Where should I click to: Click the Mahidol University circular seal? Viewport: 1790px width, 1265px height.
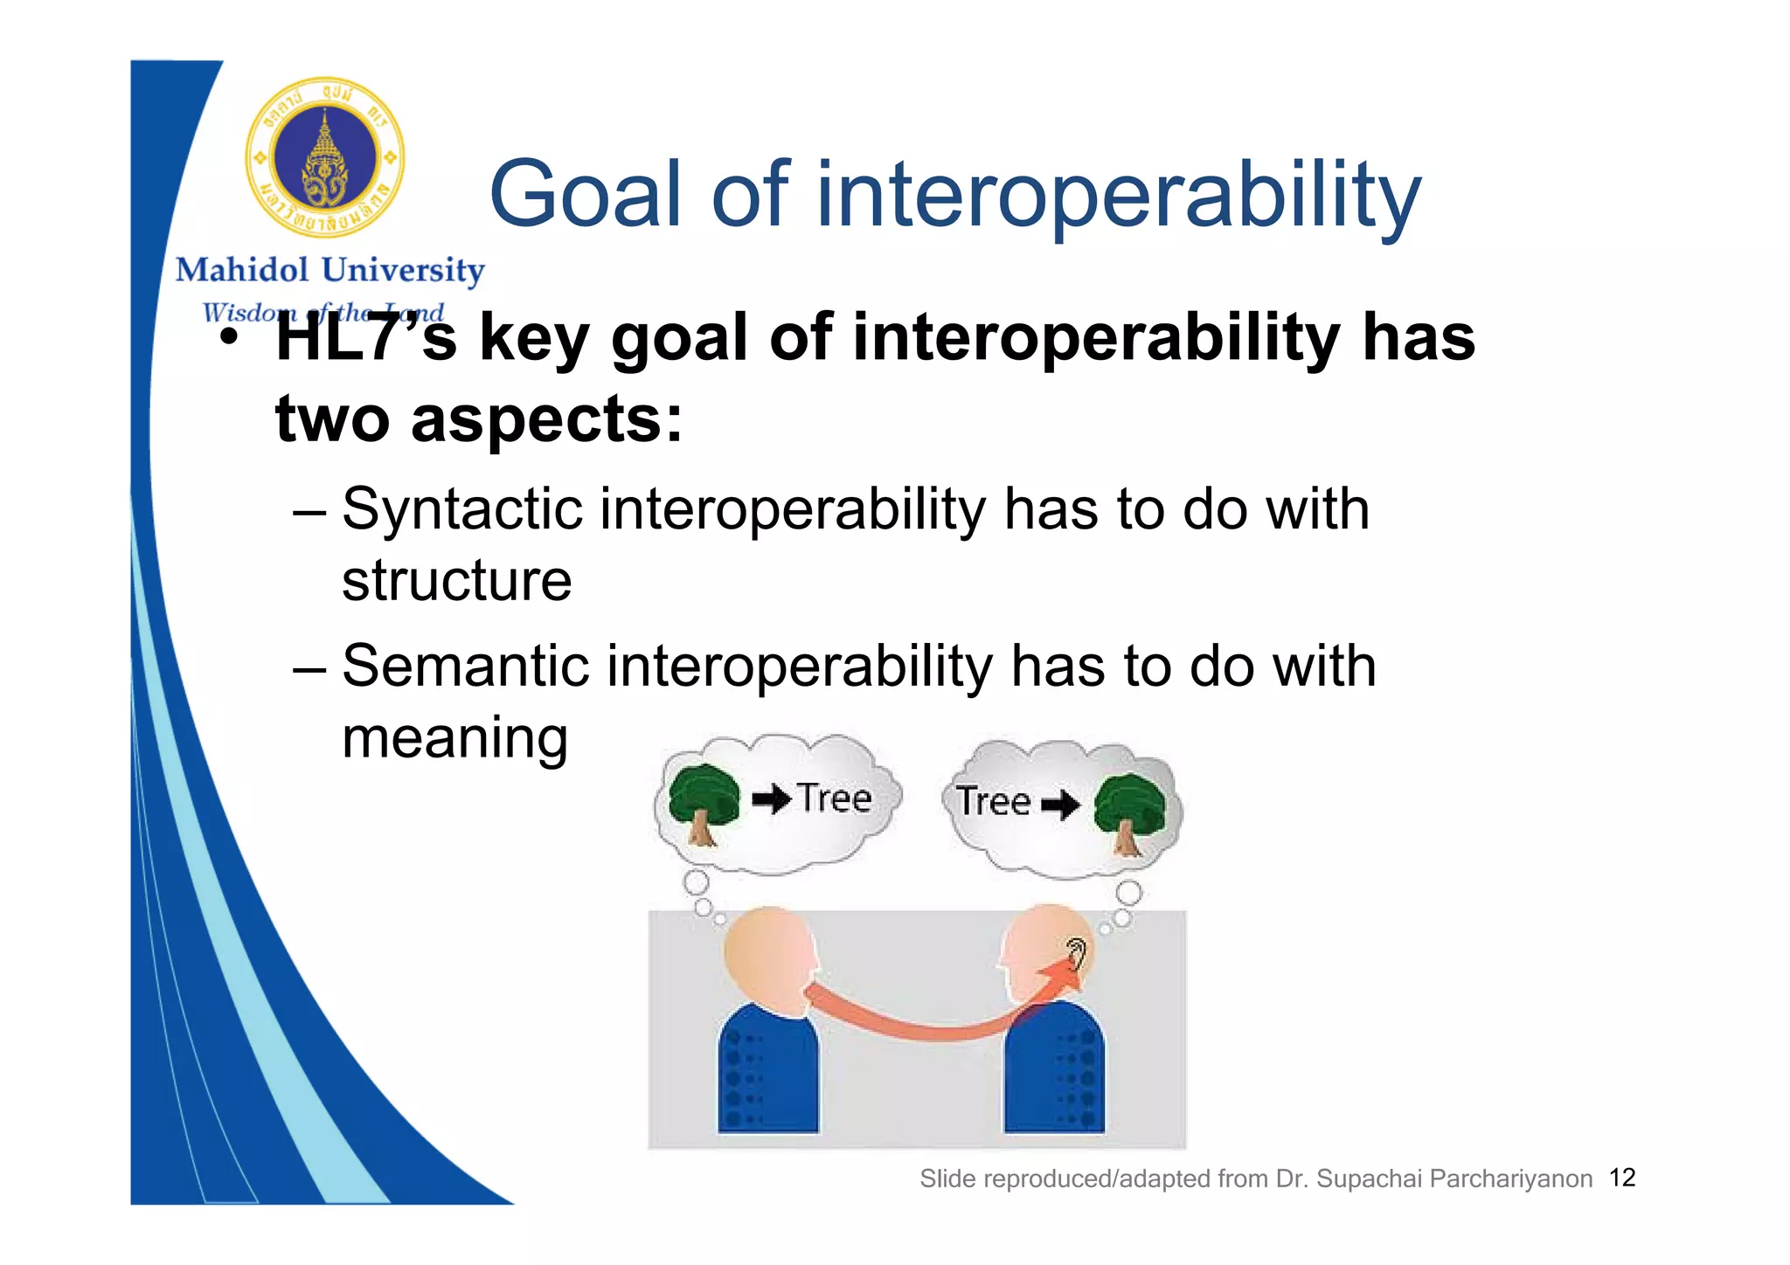tap(324, 157)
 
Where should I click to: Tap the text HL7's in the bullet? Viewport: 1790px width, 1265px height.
tap(365, 339)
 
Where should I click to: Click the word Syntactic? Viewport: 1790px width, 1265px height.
tap(461, 509)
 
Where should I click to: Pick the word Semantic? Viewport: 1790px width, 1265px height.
tap(465, 667)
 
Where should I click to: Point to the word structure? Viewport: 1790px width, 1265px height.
tap(456, 581)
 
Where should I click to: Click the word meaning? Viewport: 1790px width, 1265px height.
tap(454, 738)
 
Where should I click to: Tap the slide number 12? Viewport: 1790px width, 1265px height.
tap(1622, 1178)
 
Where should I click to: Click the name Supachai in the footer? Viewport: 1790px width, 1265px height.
tap(1369, 1179)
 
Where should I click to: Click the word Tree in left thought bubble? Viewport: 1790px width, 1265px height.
tap(835, 798)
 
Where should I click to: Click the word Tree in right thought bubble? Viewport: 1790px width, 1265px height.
tap(993, 802)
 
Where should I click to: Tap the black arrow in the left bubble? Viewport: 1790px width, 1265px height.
tap(771, 798)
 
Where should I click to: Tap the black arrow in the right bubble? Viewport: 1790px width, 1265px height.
tap(1059, 804)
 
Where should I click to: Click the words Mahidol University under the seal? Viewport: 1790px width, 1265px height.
tap(330, 271)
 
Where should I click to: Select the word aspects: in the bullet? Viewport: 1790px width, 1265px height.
tap(546, 419)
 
